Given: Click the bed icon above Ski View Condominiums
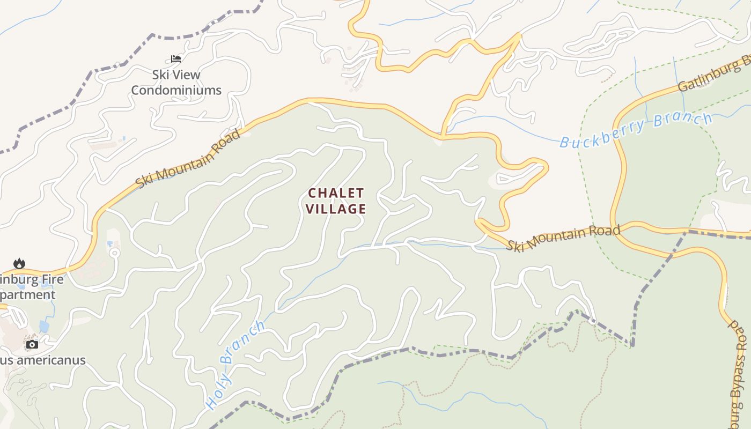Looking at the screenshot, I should tap(176, 58).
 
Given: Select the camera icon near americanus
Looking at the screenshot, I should tap(32, 344).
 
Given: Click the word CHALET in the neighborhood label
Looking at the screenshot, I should tap(336, 193).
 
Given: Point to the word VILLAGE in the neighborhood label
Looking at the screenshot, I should tap(336, 209).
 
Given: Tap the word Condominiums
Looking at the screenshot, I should tap(176, 90).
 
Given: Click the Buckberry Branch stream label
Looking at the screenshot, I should tap(636, 130).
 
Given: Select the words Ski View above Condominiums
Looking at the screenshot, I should tap(176, 75).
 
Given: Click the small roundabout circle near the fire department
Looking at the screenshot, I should tap(113, 253).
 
